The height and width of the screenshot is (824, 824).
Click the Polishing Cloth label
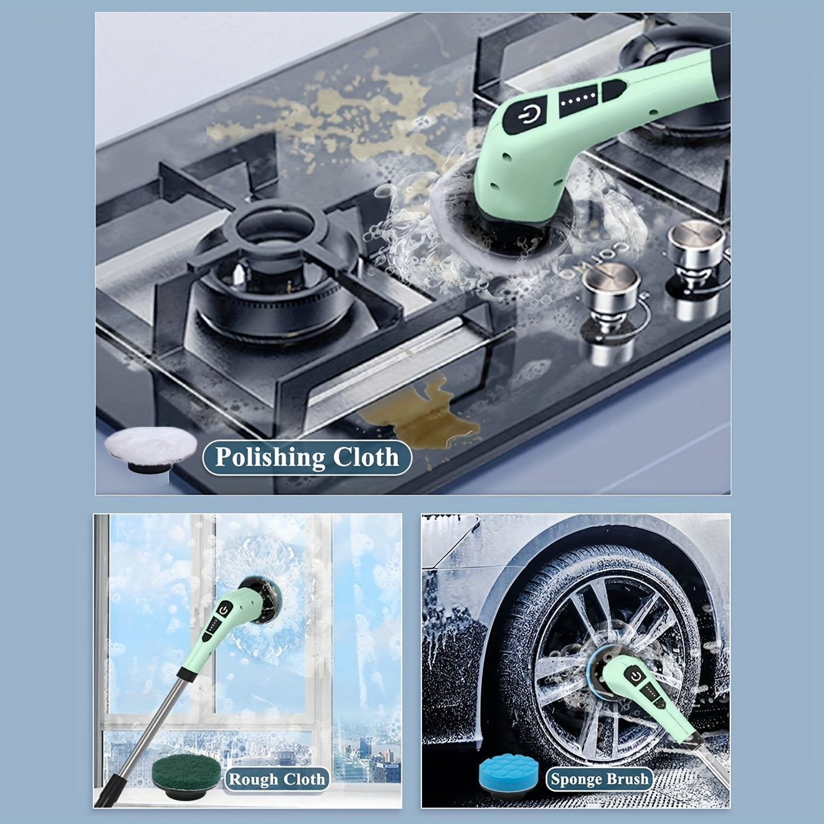[x=307, y=457]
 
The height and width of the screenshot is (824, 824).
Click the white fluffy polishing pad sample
[x=151, y=449]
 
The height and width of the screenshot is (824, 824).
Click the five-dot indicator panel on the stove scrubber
[x=579, y=100]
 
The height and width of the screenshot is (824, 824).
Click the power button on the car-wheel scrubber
[x=634, y=676]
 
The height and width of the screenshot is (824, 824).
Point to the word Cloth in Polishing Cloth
[x=366, y=457]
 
